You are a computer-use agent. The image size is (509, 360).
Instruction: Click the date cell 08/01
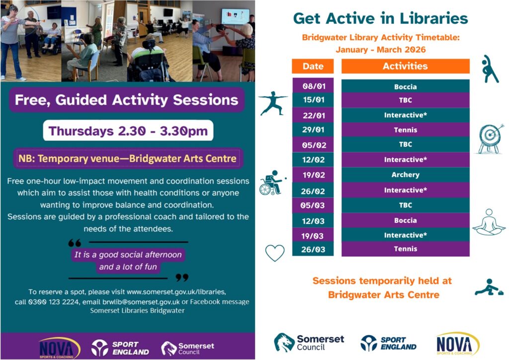click(313, 86)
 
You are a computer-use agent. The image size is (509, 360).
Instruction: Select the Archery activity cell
click(406, 175)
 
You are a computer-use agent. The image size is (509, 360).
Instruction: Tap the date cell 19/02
click(313, 175)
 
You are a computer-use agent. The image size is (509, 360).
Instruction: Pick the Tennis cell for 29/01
click(406, 130)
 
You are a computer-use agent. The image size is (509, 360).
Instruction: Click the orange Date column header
click(313, 66)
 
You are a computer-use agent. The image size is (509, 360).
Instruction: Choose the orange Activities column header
click(406, 66)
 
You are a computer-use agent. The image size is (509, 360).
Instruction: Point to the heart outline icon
click(274, 253)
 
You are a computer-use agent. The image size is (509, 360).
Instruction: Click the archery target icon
click(490, 139)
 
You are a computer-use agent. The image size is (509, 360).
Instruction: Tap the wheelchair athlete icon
click(272, 183)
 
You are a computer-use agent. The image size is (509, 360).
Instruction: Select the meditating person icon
click(489, 222)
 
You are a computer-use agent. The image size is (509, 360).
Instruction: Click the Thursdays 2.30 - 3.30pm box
click(128, 130)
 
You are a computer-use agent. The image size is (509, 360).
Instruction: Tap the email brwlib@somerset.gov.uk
click(141, 302)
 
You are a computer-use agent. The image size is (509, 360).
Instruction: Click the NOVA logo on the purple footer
click(59, 348)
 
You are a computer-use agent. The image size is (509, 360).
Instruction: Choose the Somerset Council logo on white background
click(309, 343)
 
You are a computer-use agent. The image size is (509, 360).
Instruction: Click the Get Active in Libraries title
click(380, 18)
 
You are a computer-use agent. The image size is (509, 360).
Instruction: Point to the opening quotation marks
click(75, 243)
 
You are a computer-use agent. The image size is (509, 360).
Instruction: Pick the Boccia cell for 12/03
click(406, 220)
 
